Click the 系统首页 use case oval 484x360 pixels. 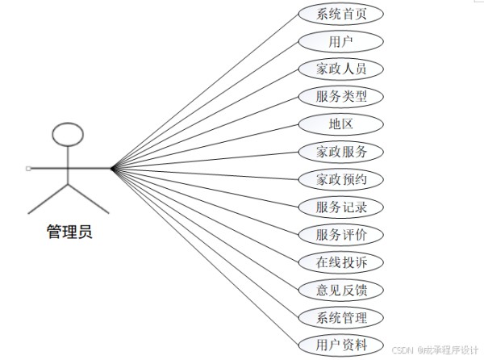tap(341, 14)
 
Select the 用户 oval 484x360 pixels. tap(341, 41)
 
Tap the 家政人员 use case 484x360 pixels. tap(341, 69)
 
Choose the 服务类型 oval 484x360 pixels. tap(341, 97)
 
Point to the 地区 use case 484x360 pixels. tap(341, 124)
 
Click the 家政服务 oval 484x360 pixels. tap(341, 152)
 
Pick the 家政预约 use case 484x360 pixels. tap(341, 179)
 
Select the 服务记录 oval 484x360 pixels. tap(341, 207)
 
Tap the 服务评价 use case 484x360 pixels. tap(341, 235)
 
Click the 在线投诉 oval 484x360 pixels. tap(341, 262)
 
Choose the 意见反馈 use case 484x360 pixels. tap(341, 290)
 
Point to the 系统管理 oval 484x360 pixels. tap(341, 317)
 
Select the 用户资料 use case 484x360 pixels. tap(341, 345)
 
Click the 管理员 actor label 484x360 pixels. tap(69, 232)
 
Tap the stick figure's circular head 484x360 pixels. tap(68, 123)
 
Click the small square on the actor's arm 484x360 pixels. tap(28, 168)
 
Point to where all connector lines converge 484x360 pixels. tap(112, 168)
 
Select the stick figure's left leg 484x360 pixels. tap(48, 199)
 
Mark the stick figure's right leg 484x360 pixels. tap(89, 199)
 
